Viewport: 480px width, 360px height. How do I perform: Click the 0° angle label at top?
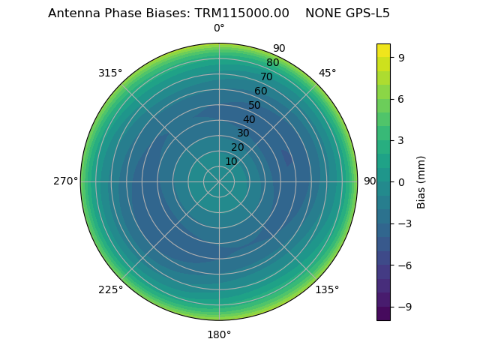click(x=219, y=28)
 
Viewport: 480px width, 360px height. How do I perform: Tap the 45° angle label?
click(x=327, y=73)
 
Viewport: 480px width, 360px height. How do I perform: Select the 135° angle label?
click(x=327, y=289)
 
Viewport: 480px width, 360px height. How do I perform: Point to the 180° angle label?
click(x=219, y=334)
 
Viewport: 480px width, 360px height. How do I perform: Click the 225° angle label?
click(x=110, y=289)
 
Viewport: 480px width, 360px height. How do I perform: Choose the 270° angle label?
click(x=65, y=181)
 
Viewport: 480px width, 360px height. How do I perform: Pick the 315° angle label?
click(x=110, y=73)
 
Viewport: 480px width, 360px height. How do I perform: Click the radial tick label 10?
click(x=231, y=161)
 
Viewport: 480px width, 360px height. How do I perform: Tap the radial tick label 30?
click(x=243, y=133)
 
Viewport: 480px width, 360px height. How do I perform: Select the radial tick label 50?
click(x=255, y=105)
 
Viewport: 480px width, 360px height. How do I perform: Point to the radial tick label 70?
click(x=266, y=76)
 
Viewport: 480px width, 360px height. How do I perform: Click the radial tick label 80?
click(x=272, y=63)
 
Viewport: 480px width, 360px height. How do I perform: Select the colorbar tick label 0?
click(x=402, y=182)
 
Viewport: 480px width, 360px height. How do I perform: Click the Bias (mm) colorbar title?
click(x=421, y=182)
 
